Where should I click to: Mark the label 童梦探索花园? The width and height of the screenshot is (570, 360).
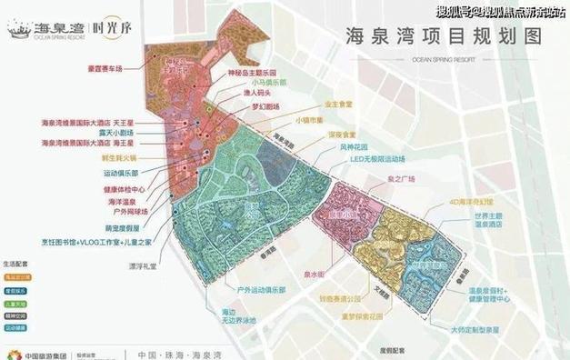coord(350,318)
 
